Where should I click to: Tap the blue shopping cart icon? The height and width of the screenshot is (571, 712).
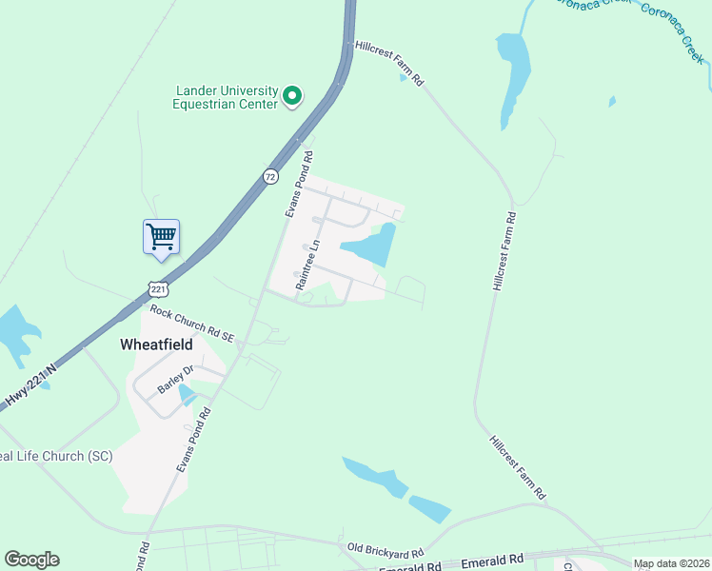(162, 236)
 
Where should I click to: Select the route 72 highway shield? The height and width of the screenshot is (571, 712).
(271, 177)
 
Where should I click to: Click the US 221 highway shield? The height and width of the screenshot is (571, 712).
(158, 287)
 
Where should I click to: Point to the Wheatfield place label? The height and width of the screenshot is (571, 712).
(156, 344)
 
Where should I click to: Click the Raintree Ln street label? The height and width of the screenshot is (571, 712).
(306, 266)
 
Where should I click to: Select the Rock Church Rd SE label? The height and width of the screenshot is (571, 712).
(191, 323)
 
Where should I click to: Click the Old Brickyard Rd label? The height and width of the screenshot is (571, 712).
(385, 550)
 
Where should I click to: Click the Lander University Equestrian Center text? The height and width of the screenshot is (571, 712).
(225, 97)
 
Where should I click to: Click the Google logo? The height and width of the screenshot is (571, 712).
(31, 560)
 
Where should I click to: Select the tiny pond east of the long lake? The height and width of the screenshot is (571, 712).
(611, 101)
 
